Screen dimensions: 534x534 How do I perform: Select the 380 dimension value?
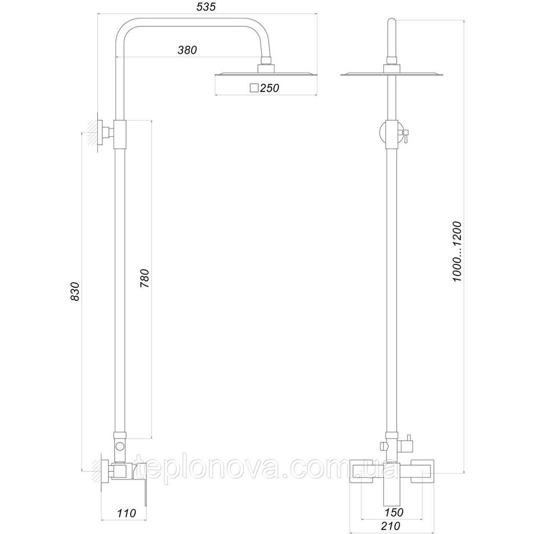[187, 50]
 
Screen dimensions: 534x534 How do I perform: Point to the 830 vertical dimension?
[75, 291]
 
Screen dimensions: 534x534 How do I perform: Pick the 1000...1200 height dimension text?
[458, 252]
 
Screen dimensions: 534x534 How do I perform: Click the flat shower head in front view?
[392, 74]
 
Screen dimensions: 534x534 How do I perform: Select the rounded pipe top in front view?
[392, 24]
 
